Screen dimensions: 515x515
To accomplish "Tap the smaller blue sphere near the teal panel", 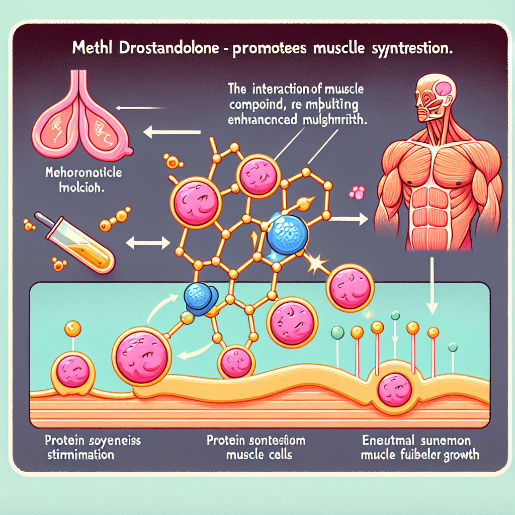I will coord(199,299).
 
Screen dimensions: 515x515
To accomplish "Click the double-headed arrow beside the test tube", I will coord(147,244).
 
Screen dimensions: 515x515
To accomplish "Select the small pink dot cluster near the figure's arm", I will coord(358,192).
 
